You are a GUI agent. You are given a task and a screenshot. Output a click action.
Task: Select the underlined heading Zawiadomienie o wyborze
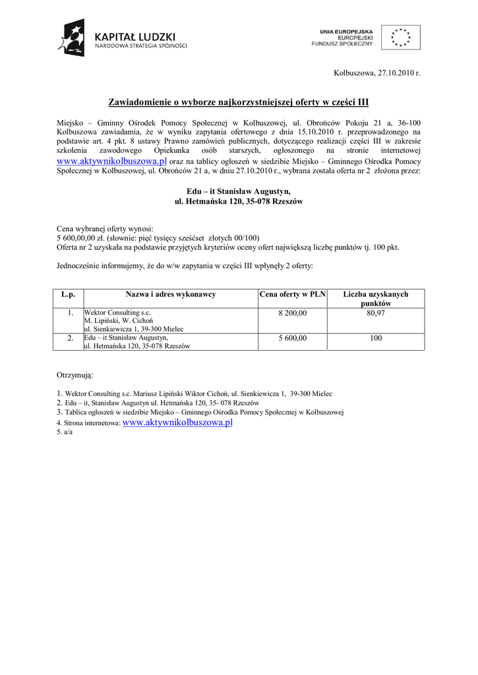tap(238, 102)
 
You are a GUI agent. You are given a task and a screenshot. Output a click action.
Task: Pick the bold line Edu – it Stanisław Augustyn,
tap(238, 191)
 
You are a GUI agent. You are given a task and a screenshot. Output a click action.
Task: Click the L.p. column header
tap(68, 294)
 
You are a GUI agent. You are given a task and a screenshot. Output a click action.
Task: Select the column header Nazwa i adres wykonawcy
tap(171, 294)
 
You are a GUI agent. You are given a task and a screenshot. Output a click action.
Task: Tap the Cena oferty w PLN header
tap(293, 294)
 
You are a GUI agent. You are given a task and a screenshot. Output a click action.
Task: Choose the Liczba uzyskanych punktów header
tap(376, 298)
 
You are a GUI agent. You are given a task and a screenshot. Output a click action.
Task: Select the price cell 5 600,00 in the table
tap(293, 337)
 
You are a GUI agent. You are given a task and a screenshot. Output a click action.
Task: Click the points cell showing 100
tap(376, 337)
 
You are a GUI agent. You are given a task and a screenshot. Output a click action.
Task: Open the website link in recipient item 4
tap(177, 423)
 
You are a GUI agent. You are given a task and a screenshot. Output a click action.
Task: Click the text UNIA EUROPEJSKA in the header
tap(346, 31)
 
